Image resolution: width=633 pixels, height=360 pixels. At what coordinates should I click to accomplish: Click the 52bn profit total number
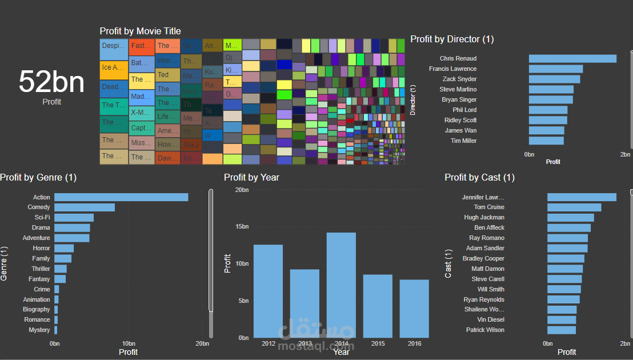51,82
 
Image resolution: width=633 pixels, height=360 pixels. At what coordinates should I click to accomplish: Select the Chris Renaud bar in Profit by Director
572,58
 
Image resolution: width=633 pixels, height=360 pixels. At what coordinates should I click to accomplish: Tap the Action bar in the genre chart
121,197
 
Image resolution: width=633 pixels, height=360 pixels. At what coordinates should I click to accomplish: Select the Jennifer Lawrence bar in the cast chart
582,197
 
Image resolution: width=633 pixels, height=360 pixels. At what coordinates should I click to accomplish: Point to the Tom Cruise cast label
488,207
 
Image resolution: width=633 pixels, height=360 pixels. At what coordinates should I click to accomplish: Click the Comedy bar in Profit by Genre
85,207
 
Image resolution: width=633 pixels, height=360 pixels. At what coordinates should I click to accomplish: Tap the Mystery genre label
39,330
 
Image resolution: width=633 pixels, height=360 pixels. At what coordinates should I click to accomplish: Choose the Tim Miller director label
463,141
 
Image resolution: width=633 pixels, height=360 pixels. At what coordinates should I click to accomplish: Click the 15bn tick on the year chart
242,227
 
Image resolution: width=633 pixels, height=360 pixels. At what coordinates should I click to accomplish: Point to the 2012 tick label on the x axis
269,343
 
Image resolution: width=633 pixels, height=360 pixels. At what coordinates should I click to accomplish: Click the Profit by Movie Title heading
140,31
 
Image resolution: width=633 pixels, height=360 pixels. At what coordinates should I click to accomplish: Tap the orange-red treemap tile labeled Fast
141,46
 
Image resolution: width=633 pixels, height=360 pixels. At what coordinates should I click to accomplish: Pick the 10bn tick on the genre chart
129,343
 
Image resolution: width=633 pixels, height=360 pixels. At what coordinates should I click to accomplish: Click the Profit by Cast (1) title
479,177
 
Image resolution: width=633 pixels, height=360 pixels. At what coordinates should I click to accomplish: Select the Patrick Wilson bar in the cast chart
561,330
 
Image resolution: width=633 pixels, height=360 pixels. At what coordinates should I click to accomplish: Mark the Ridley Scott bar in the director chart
547,120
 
